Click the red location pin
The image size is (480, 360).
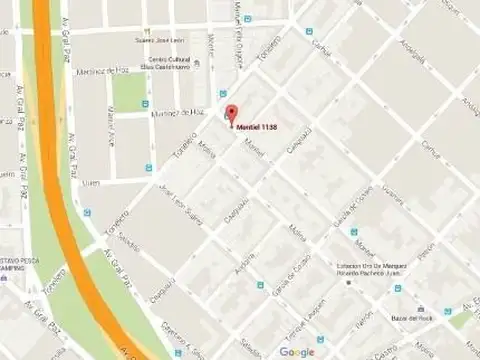click(231, 114)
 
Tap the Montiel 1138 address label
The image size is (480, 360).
click(258, 126)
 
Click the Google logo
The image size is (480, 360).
click(297, 351)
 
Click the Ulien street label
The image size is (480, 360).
click(92, 181)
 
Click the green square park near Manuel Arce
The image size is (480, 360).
click(128, 92)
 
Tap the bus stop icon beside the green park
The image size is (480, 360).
click(146, 103)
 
